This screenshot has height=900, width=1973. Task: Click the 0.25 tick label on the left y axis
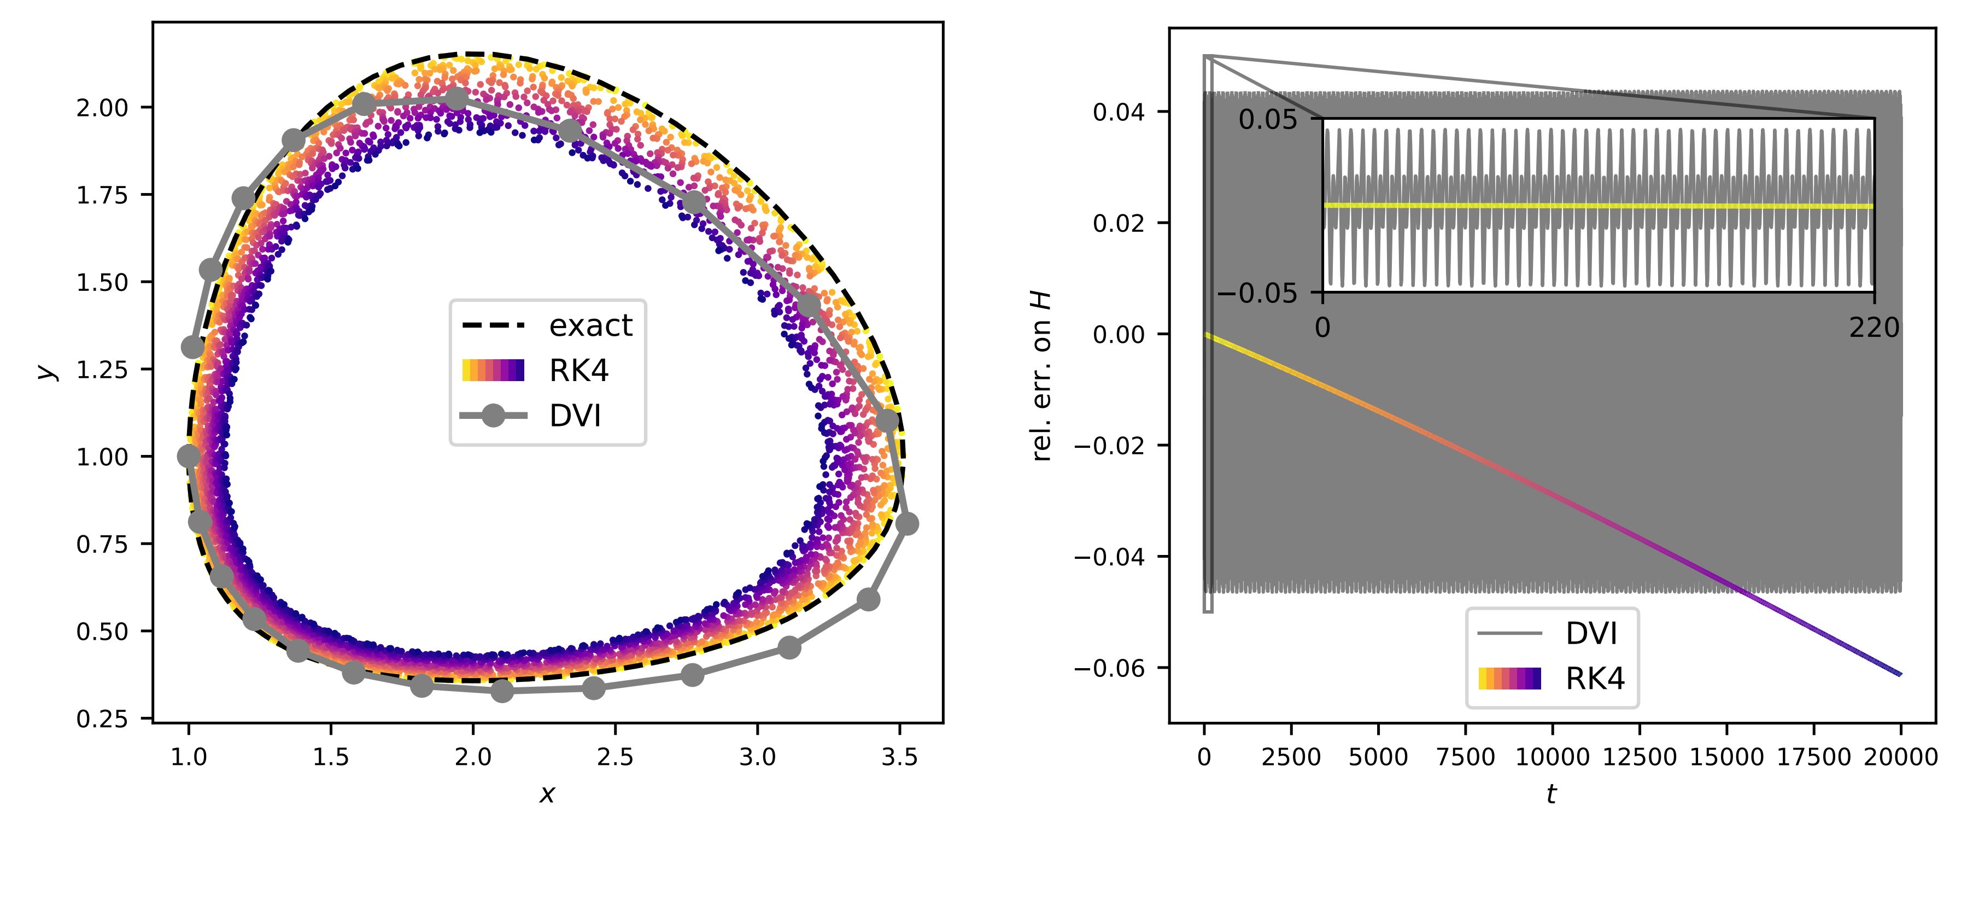pyautogui.click(x=102, y=718)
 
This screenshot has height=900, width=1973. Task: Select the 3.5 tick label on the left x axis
pyautogui.click(x=899, y=757)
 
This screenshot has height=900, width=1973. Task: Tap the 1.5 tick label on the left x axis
pyautogui.click(x=331, y=757)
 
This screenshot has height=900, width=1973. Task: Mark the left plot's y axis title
pyautogui.click(x=48, y=371)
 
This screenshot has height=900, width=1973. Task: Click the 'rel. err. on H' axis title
pyautogui.click(x=1041, y=375)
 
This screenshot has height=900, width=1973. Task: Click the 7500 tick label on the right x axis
pyautogui.click(x=1465, y=757)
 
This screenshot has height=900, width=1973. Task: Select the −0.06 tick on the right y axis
pyautogui.click(x=1109, y=668)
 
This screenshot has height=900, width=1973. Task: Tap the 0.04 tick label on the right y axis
pyautogui.click(x=1118, y=113)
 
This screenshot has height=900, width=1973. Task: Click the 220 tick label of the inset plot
pyautogui.click(x=1874, y=328)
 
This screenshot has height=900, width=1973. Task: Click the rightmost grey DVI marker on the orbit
pyautogui.click(x=907, y=524)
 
